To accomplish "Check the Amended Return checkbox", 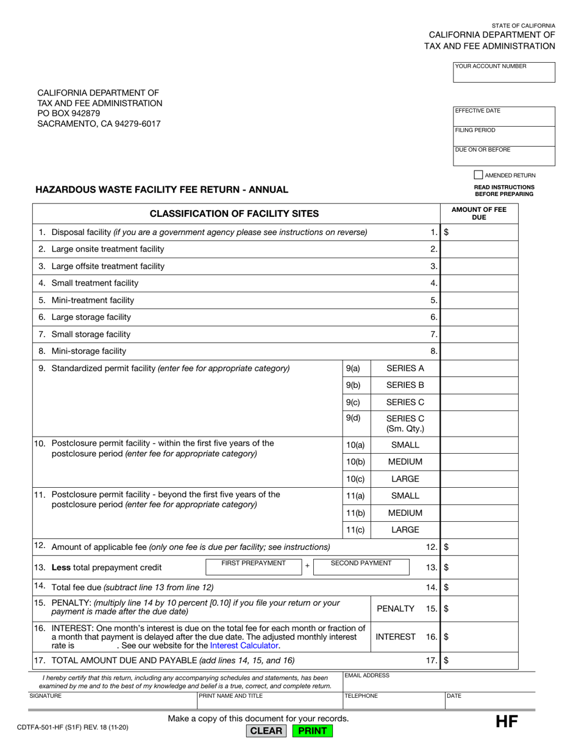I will (478, 175).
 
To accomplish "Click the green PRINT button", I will (313, 731).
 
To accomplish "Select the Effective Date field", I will (504, 116).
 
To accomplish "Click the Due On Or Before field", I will (504, 156).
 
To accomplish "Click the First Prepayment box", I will (253, 567).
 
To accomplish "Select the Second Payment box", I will (361, 567).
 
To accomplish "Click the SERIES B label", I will (405, 385).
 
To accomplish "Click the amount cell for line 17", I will (480, 660).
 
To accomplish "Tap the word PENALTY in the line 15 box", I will (396, 608).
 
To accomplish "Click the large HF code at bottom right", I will (506, 723).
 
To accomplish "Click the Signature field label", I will (46, 695).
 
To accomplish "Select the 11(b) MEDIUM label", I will (405, 513).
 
